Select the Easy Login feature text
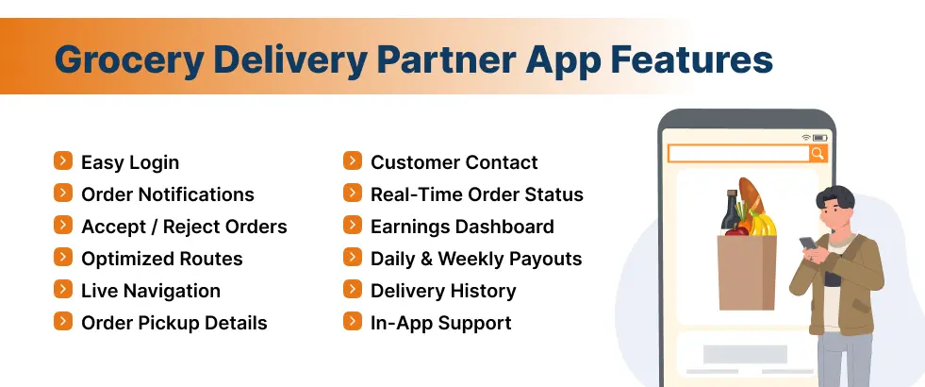click(x=130, y=162)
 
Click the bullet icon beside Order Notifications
click(x=63, y=193)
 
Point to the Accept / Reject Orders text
click(x=184, y=227)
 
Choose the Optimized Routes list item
click(x=162, y=259)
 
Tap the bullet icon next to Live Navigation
click(x=63, y=290)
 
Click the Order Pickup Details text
click(x=174, y=323)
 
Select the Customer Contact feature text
click(x=454, y=162)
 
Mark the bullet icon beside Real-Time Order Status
click(x=353, y=193)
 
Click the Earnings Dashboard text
click(x=462, y=227)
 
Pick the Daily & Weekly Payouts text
click(x=476, y=259)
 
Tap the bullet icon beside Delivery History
click(x=353, y=290)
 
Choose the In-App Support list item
click(x=440, y=323)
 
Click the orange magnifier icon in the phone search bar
click(x=818, y=153)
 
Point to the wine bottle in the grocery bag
click(x=732, y=211)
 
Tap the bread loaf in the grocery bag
click(x=752, y=197)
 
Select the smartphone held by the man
click(x=808, y=244)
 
